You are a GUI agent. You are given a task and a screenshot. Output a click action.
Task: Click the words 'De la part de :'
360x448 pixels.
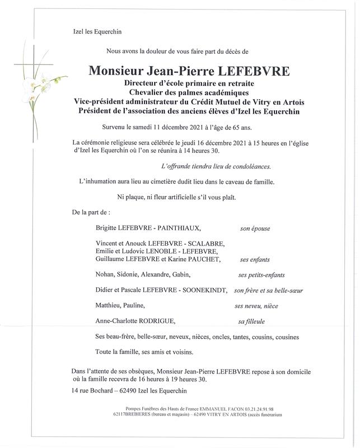pyautogui.click(x=91, y=213)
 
